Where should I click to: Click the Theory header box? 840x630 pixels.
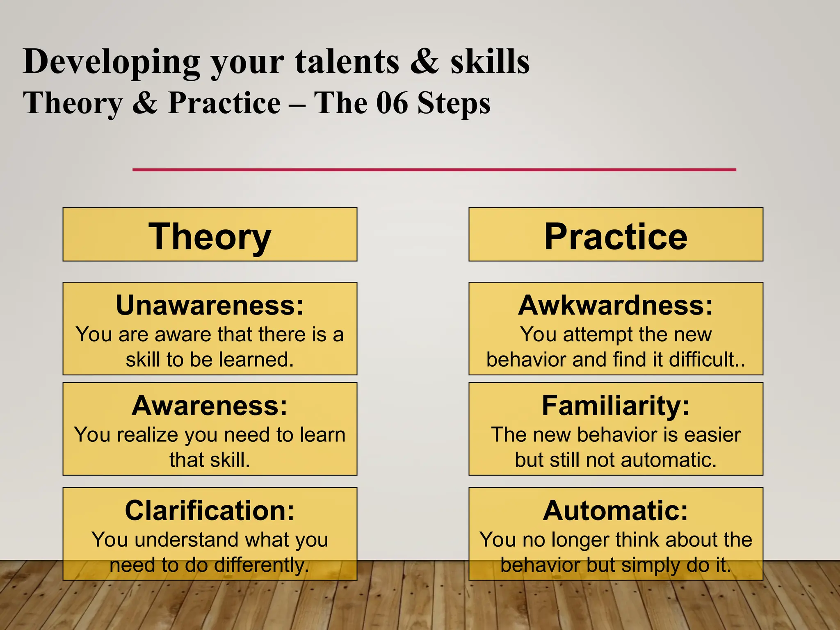[210, 235]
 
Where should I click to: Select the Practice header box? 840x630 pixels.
[616, 235]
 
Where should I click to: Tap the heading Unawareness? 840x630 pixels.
[210, 305]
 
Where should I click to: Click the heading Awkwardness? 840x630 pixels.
[616, 305]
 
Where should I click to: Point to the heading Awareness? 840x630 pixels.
[210, 406]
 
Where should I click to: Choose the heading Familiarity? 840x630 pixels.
[616, 406]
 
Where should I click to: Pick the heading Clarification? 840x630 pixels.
[210, 511]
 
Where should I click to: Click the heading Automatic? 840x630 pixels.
[616, 511]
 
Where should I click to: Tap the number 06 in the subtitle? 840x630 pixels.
[392, 103]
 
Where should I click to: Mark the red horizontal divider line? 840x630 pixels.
[434, 169]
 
